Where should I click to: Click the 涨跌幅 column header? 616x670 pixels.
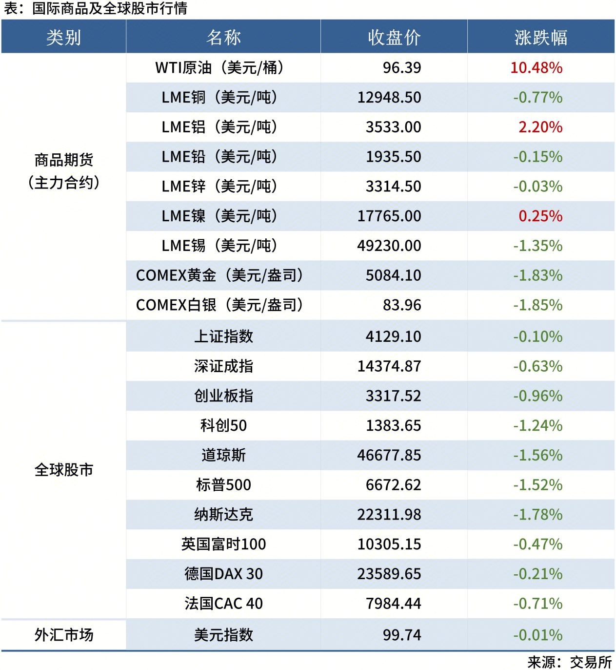541,37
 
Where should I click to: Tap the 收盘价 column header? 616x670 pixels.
394,37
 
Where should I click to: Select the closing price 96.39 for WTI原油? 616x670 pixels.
402,67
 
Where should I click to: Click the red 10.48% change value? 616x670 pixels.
537,67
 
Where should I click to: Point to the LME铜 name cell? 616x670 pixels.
219,97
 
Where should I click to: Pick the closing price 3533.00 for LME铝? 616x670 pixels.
393,127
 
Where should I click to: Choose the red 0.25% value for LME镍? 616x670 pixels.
540,216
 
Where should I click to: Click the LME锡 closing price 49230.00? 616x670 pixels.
389,246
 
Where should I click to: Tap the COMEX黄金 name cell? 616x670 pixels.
219,275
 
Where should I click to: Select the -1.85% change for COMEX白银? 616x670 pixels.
538,305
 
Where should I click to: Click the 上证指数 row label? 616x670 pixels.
223,336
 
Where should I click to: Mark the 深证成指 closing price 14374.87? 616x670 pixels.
389,366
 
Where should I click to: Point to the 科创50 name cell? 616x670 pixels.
223,425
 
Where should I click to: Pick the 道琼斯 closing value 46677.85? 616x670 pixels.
389,455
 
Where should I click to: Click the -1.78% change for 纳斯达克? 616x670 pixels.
538,515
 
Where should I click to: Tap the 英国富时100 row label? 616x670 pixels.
223,544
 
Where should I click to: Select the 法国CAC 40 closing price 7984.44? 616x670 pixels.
393,604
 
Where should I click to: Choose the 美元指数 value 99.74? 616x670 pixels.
402,635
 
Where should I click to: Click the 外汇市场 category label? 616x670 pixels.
64,635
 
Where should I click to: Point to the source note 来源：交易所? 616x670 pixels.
569,662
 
